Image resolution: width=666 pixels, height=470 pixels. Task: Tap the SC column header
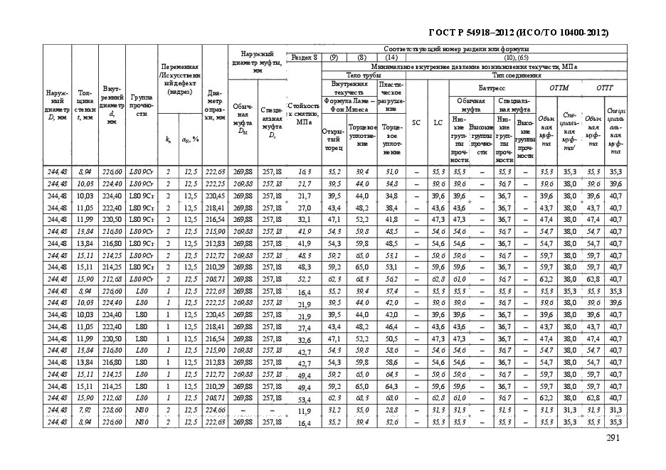pos(416,122)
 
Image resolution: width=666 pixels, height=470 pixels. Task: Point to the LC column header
pos(438,122)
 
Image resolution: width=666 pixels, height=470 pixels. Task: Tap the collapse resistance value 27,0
pos(305,208)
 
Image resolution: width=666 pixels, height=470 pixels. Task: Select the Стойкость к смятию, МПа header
pos(304,114)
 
